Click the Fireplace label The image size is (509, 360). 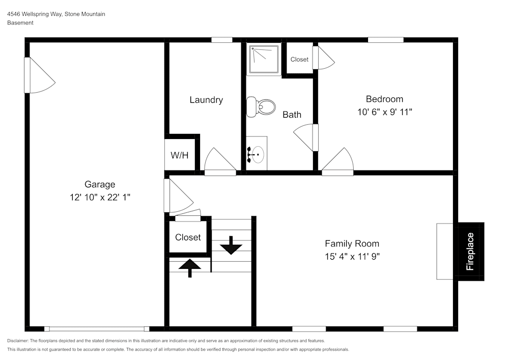470,251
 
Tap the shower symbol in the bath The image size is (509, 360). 263,59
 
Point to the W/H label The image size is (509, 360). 179,155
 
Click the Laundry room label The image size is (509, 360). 206,100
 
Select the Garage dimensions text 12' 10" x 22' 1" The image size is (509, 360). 100,197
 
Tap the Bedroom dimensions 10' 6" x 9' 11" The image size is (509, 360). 384,112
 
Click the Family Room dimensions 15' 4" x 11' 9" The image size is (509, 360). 352,256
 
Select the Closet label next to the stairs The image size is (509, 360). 188,237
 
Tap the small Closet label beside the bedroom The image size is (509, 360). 299,60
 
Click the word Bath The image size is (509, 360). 292,115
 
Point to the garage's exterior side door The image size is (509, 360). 38,75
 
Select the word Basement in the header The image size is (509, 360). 20,23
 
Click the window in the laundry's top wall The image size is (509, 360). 222,40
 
